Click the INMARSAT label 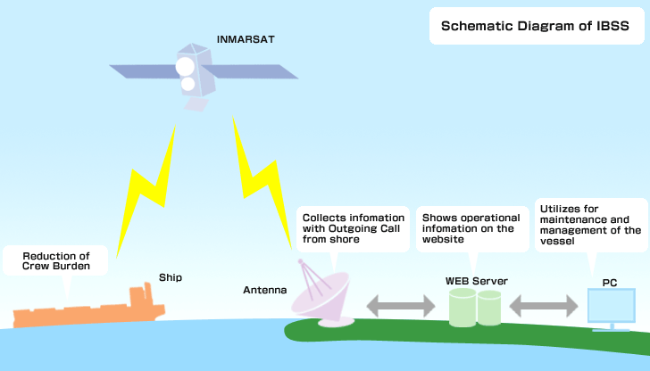coord(246,39)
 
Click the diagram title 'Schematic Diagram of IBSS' coord(535,26)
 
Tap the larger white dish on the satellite coord(185,67)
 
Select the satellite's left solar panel coord(145,71)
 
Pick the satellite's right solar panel coord(250,71)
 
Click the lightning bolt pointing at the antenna coord(262,182)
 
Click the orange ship coord(89,309)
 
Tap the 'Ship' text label coord(171,277)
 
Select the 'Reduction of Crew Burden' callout coord(55,260)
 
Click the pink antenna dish coord(322,294)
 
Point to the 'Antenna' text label coord(265,290)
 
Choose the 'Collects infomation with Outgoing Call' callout coord(353,228)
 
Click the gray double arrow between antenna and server coord(401,307)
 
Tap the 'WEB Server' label coord(476,281)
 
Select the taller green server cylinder coord(462,307)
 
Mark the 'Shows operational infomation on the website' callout coord(472,228)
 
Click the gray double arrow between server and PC coord(544,307)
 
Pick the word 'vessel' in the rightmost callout coord(557,241)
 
